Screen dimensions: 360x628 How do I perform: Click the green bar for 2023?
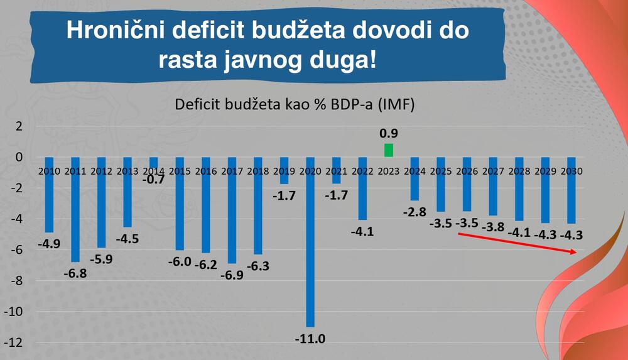[x=389, y=150]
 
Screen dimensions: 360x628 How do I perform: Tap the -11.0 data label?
[x=310, y=339]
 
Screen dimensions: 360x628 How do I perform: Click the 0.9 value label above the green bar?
[x=389, y=133]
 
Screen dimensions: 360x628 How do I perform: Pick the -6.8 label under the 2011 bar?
[x=75, y=274]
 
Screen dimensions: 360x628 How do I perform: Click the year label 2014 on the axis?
[x=153, y=171]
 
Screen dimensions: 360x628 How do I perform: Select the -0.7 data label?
[x=153, y=180]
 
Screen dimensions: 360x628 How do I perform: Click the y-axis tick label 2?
[x=19, y=126]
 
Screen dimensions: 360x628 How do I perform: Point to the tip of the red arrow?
[x=576, y=252]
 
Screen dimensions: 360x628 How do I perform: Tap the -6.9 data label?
[x=232, y=275]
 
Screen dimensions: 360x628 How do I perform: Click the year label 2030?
[x=571, y=171]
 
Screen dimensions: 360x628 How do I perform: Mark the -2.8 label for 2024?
[x=414, y=212]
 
